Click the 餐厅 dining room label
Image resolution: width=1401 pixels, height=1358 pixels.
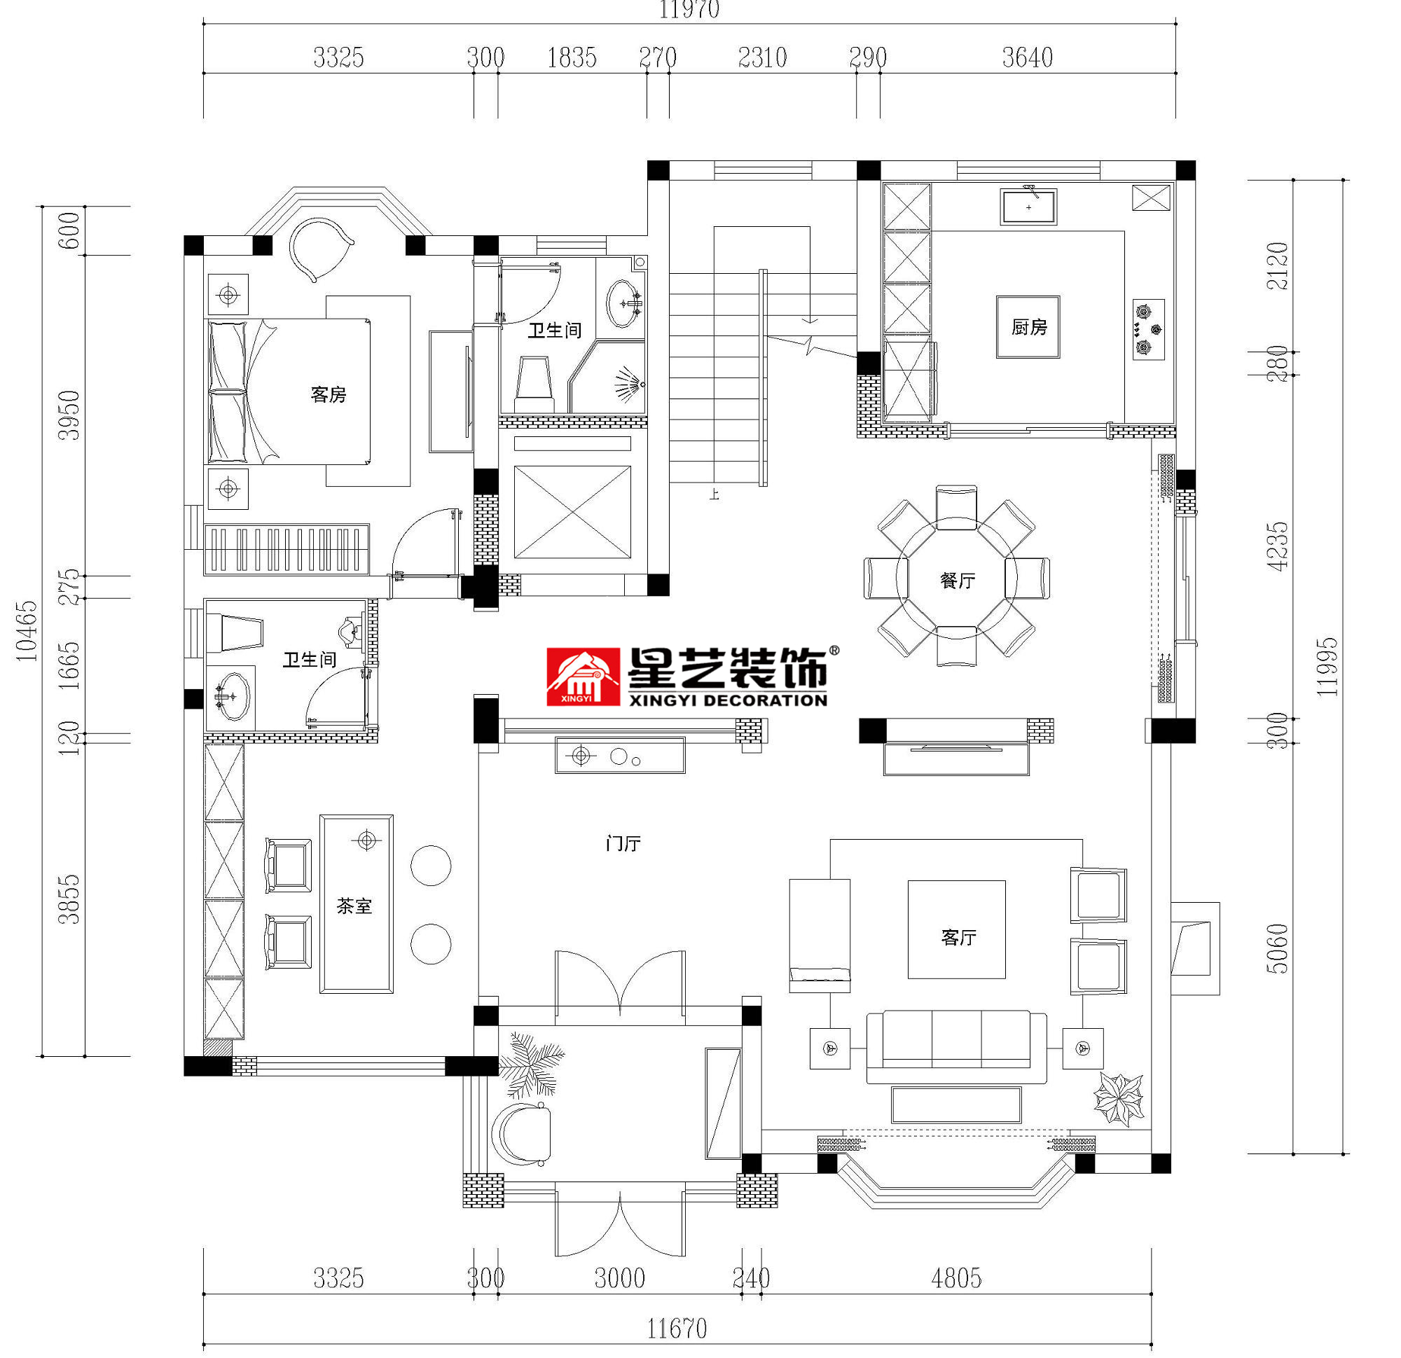pos(956,581)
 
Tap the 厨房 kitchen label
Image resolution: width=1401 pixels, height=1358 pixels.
pos(1028,327)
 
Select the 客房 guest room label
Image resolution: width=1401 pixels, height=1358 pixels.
pos(328,394)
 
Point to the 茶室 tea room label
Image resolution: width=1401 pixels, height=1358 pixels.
pos(354,906)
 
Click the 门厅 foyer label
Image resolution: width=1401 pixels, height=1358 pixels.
pos(623,843)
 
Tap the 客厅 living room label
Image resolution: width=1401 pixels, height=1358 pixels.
pos(958,937)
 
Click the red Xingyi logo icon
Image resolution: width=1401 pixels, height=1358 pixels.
pos(583,676)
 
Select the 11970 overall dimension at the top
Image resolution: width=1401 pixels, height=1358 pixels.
pos(689,10)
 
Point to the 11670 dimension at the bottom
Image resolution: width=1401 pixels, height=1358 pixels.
pos(677,1329)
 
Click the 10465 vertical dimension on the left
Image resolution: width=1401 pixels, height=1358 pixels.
pos(27,630)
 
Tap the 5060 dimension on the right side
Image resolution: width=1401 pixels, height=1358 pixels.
pos(1276,948)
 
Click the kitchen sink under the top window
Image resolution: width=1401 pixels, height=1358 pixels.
pos(1028,207)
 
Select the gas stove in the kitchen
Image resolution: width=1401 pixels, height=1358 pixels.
pos(1148,328)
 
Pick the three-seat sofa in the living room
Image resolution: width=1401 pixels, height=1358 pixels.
pos(956,1045)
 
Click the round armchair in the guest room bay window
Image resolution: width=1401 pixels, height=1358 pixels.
pos(318,248)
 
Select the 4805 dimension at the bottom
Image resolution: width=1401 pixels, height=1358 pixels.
pos(955,1278)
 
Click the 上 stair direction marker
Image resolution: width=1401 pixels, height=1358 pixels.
pos(713,494)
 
